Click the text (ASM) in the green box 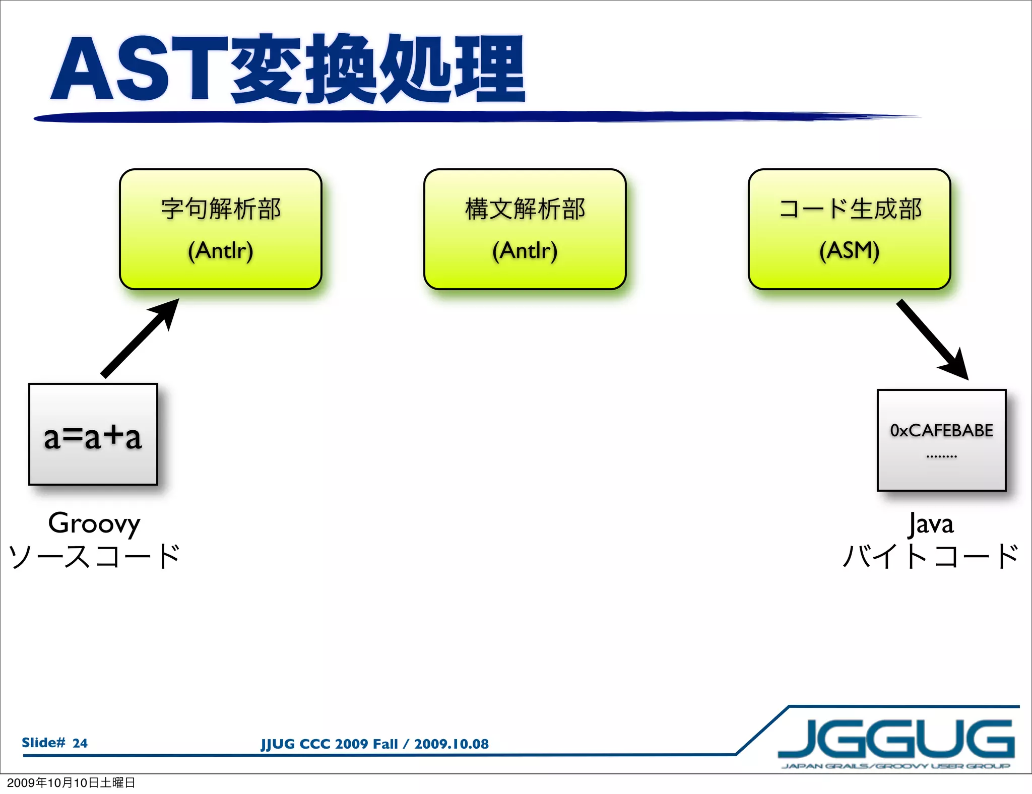point(850,250)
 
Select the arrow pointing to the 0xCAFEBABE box point(932,339)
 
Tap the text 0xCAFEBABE point(941,430)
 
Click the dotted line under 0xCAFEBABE point(941,456)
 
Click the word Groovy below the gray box point(94,523)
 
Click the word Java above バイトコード point(931,524)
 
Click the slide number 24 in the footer point(80,743)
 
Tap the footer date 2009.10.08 point(451,744)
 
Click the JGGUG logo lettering point(896,739)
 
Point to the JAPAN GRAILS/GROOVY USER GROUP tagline point(896,766)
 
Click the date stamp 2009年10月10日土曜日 point(71,782)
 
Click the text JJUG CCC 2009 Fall point(329,744)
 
